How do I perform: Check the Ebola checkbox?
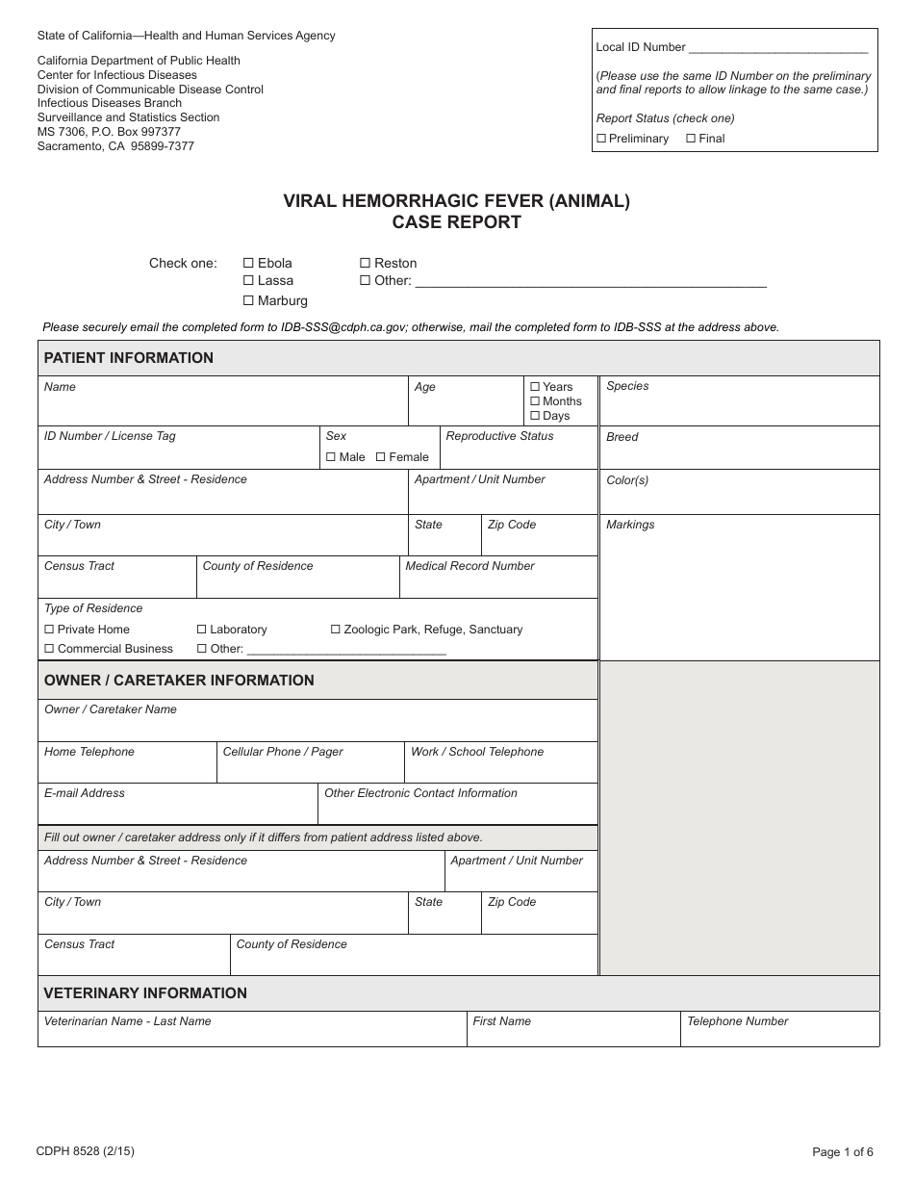coord(248,263)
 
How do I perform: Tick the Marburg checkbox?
coord(248,300)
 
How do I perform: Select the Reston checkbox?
coord(365,263)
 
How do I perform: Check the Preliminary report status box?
coord(601,139)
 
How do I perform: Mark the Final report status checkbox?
coord(691,139)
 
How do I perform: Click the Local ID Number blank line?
coord(778,47)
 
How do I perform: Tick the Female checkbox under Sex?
coord(381,457)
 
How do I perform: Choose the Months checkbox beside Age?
coord(535,401)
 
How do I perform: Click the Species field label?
coord(627,386)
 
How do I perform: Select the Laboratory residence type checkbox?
coord(202,630)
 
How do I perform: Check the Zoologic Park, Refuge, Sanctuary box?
coord(336,630)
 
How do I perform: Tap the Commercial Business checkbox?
coord(50,649)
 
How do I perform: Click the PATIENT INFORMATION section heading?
coord(129,358)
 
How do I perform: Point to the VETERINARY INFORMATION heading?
coord(145,993)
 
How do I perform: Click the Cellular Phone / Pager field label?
coord(283,752)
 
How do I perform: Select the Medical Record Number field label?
coord(470,566)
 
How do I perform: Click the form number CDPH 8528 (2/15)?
coord(79,1151)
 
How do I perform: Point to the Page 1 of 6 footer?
coord(843,1152)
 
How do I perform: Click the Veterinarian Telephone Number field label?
coord(737,1021)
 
